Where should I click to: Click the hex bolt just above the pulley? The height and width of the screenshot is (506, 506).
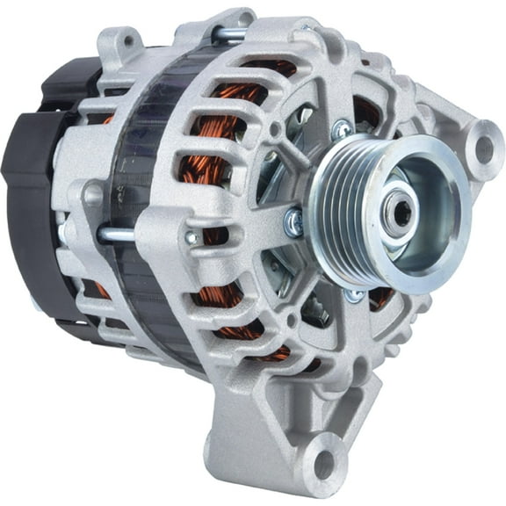click(341, 130)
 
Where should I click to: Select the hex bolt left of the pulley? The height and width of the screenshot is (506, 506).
click(293, 224)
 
